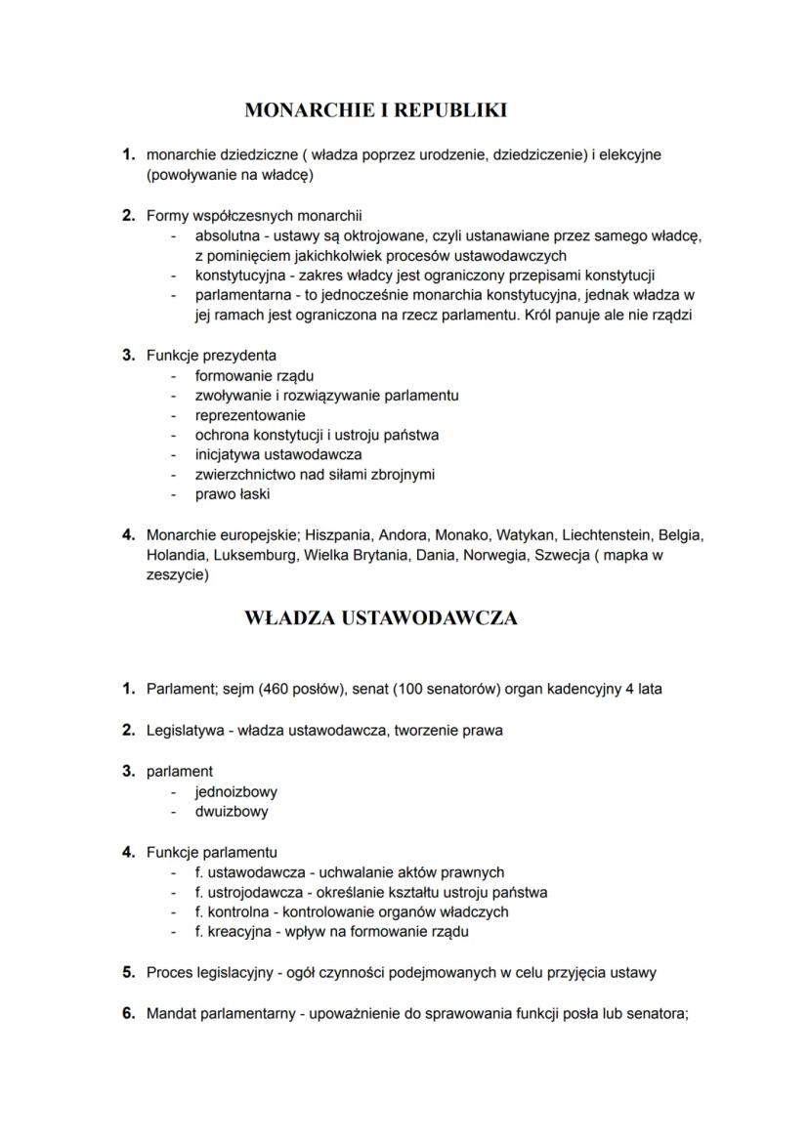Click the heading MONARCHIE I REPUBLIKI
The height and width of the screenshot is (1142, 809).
[375, 110]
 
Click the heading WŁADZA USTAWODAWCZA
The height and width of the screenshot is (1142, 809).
[380, 618]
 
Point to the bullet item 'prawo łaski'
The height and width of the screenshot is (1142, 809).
[233, 495]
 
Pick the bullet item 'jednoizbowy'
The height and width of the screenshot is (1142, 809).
[235, 791]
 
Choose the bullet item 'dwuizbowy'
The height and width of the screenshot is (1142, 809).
[231, 812]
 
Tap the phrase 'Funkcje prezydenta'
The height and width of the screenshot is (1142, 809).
[211, 356]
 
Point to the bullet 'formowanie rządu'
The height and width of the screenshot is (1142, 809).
[254, 376]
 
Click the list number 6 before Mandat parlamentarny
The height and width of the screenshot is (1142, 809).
[128, 1013]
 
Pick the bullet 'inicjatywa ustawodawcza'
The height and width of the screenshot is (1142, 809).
[278, 455]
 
